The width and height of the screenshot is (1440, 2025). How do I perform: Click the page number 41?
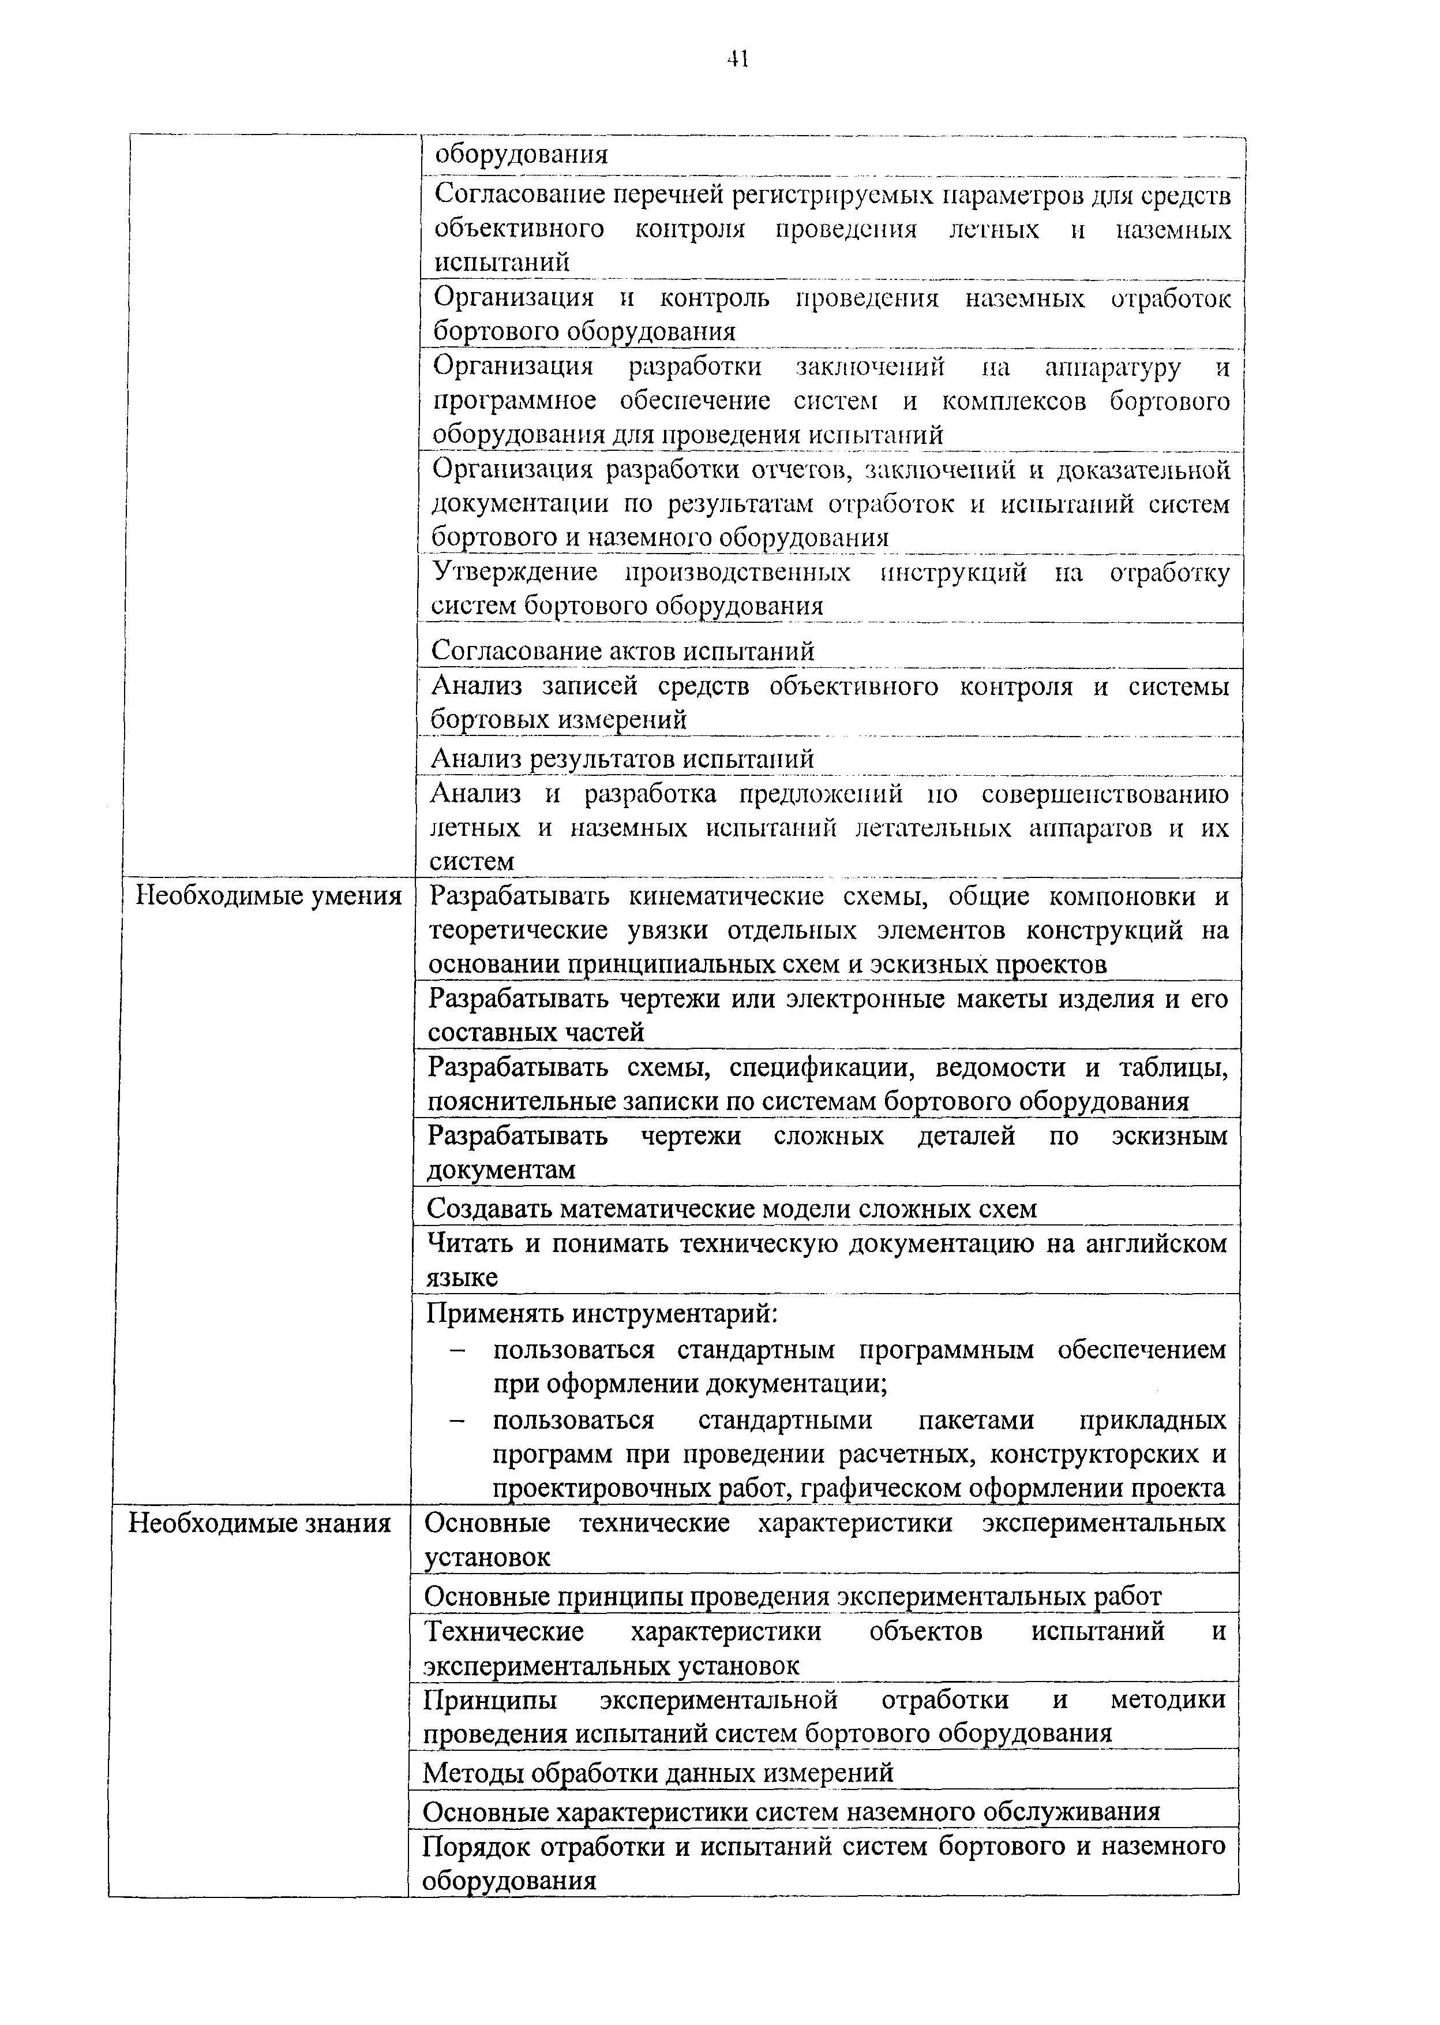(x=738, y=59)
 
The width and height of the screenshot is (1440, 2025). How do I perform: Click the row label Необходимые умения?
(x=268, y=896)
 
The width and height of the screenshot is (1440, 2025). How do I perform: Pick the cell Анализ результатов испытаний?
(x=621, y=759)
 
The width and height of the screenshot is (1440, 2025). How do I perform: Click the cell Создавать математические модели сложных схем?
(x=732, y=1209)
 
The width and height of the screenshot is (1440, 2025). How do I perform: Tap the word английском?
(x=1151, y=1243)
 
